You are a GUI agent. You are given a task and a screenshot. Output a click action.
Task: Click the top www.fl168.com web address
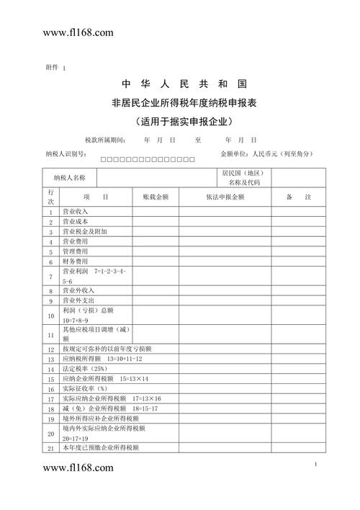tap(78, 33)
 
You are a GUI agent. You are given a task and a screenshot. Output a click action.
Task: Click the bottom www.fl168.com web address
tap(78, 468)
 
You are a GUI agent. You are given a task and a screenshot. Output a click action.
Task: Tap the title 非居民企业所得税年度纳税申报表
tap(180, 103)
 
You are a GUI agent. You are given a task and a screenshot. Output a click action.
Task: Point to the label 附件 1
tap(55, 68)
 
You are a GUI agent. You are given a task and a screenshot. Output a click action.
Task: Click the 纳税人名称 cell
tap(69, 177)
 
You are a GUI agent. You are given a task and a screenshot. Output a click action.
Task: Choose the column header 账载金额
tap(155, 197)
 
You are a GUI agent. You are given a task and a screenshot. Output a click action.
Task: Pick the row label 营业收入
tap(76, 212)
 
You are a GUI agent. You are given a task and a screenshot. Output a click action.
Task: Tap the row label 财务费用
tap(76, 261)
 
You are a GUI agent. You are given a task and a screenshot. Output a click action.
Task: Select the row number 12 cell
tap(50, 349)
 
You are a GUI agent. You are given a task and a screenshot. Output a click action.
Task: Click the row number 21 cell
tap(50, 448)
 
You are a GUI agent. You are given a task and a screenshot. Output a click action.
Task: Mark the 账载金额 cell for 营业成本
tap(155, 222)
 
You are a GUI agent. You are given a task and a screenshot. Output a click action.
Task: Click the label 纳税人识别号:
tap(66, 154)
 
